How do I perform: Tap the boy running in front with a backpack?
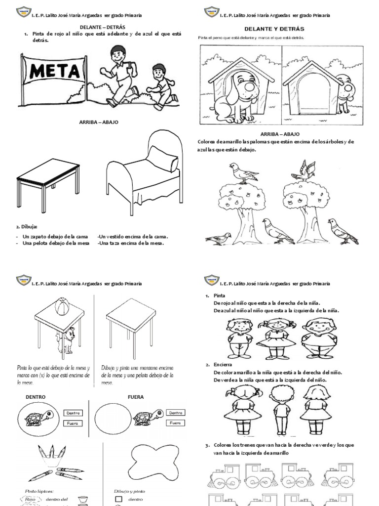point(120,74)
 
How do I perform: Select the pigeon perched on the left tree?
point(242,173)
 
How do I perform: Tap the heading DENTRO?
point(36,397)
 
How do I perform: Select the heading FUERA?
point(135,397)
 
